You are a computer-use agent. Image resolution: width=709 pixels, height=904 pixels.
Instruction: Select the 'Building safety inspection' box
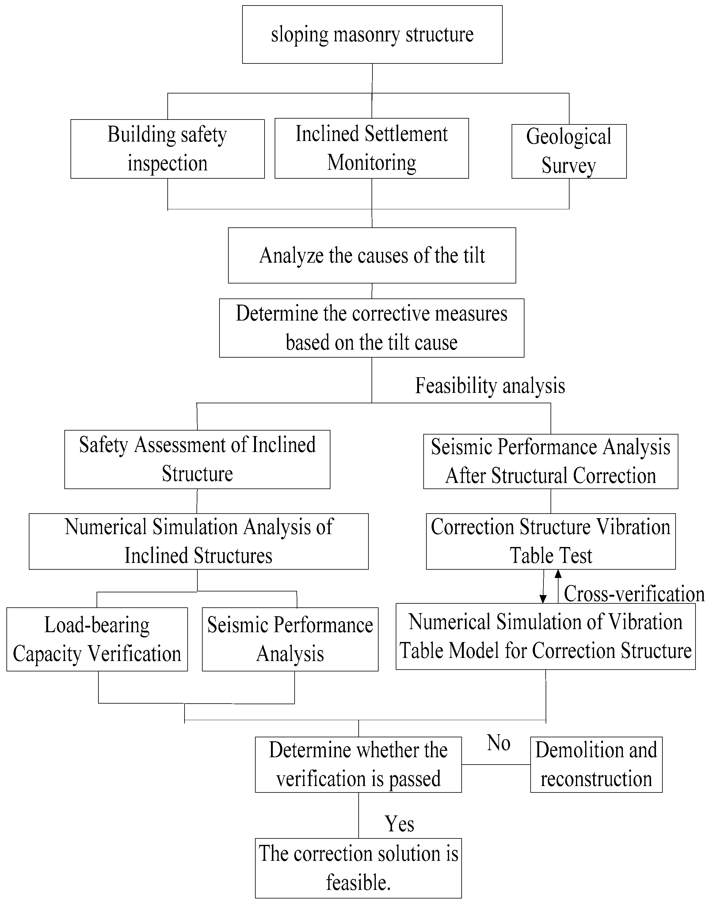tap(167, 149)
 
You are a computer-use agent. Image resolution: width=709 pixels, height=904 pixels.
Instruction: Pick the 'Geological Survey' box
tap(569, 151)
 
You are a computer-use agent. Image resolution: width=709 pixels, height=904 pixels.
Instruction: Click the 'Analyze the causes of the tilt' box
tap(372, 255)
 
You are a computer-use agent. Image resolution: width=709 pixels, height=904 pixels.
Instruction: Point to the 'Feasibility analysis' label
tap(490, 386)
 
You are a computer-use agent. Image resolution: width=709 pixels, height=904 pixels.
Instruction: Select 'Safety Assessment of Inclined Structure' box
tap(197, 459)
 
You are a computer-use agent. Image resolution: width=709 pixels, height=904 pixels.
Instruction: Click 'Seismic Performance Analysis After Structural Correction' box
tap(551, 461)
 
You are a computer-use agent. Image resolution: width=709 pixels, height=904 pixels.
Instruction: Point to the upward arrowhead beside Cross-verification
tap(558, 575)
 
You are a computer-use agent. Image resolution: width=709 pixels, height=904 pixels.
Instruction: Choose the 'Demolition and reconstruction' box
tap(596, 765)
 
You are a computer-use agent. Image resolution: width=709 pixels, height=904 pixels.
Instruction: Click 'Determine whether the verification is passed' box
tap(358, 765)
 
